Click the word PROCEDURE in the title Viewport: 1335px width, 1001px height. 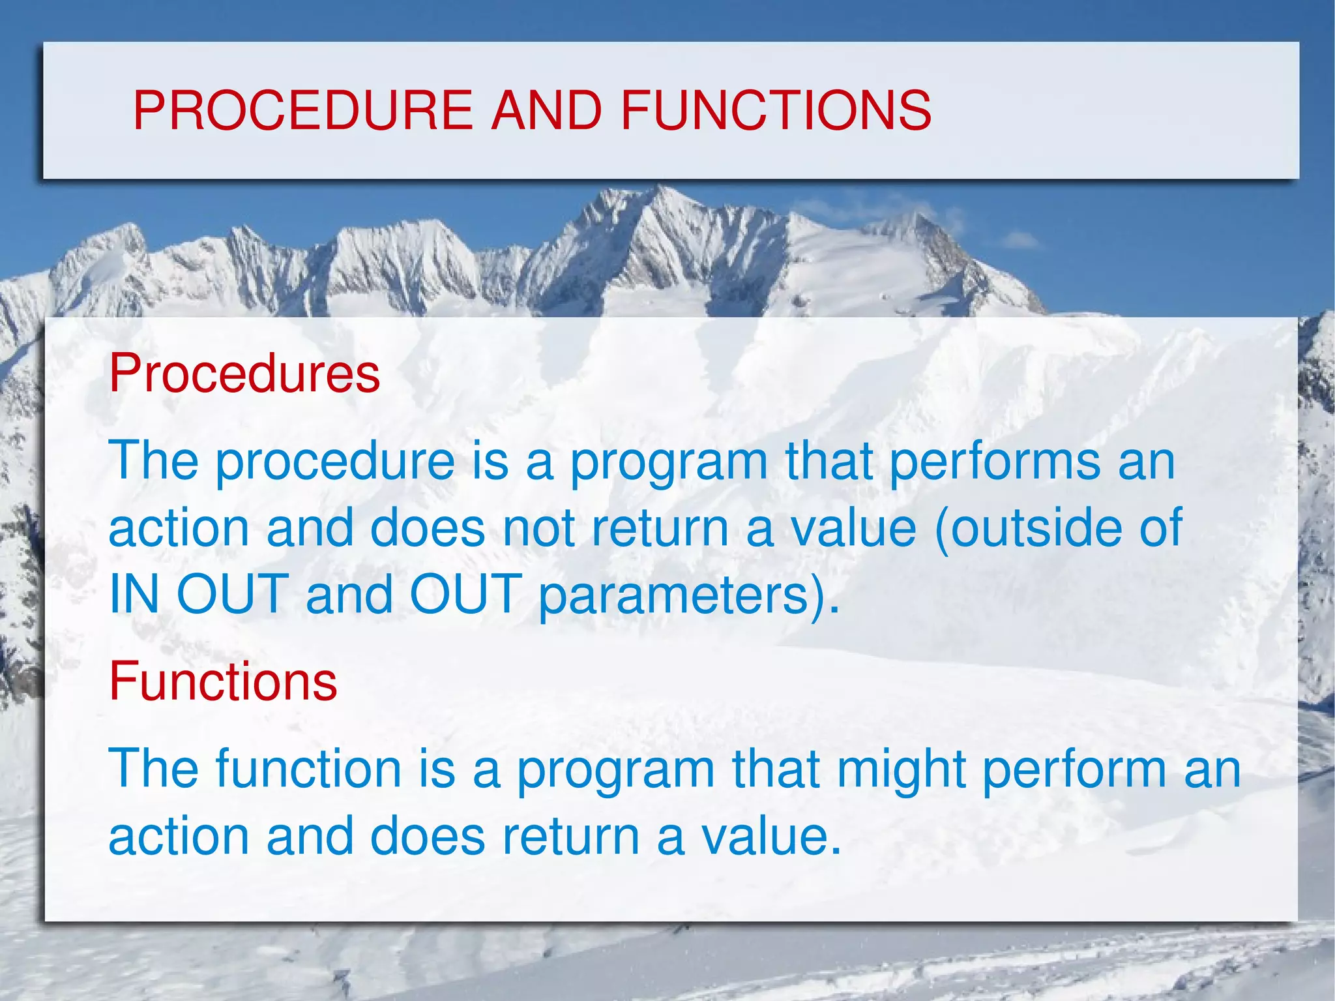[302, 110]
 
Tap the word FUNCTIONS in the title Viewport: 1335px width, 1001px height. [776, 110]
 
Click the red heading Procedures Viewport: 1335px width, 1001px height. [244, 373]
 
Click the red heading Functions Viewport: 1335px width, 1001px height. [223, 681]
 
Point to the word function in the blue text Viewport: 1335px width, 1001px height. [308, 769]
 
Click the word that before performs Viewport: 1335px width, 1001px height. [829, 460]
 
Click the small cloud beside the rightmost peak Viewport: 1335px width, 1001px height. [1020, 241]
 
